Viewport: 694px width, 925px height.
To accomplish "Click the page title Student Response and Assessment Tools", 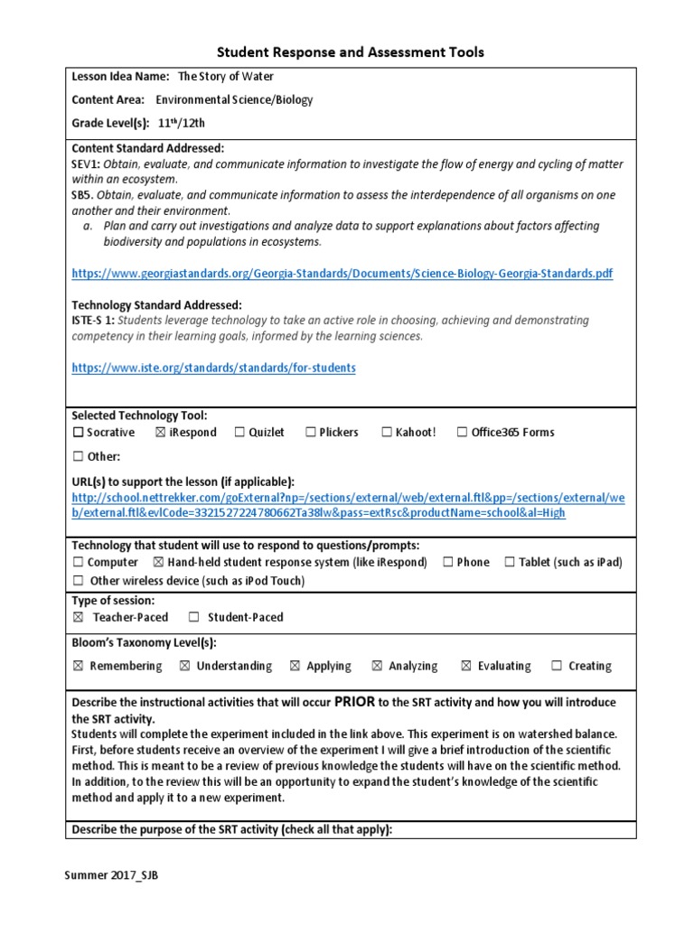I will click(348, 52).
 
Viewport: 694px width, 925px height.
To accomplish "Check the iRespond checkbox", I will click(160, 433).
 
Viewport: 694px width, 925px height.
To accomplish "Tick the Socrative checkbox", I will click(78, 433).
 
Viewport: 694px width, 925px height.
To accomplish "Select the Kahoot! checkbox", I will click(387, 433).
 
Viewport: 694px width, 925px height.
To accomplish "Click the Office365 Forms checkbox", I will click(462, 433).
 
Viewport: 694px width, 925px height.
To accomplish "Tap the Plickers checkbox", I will click(310, 433).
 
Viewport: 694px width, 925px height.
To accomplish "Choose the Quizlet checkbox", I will click(239, 433).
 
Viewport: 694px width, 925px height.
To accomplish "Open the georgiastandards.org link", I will click(342, 273).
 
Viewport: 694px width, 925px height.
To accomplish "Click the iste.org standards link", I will click(213, 368).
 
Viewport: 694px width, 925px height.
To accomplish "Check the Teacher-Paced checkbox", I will click(78, 618).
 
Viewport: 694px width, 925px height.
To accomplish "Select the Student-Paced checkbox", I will click(193, 618).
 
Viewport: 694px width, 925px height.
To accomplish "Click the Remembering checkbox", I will click(78, 667).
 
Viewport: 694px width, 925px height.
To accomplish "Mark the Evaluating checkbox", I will click(466, 667).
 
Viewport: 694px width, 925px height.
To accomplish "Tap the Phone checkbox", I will click(448, 563).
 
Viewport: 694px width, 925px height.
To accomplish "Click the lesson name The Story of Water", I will click(225, 78).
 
